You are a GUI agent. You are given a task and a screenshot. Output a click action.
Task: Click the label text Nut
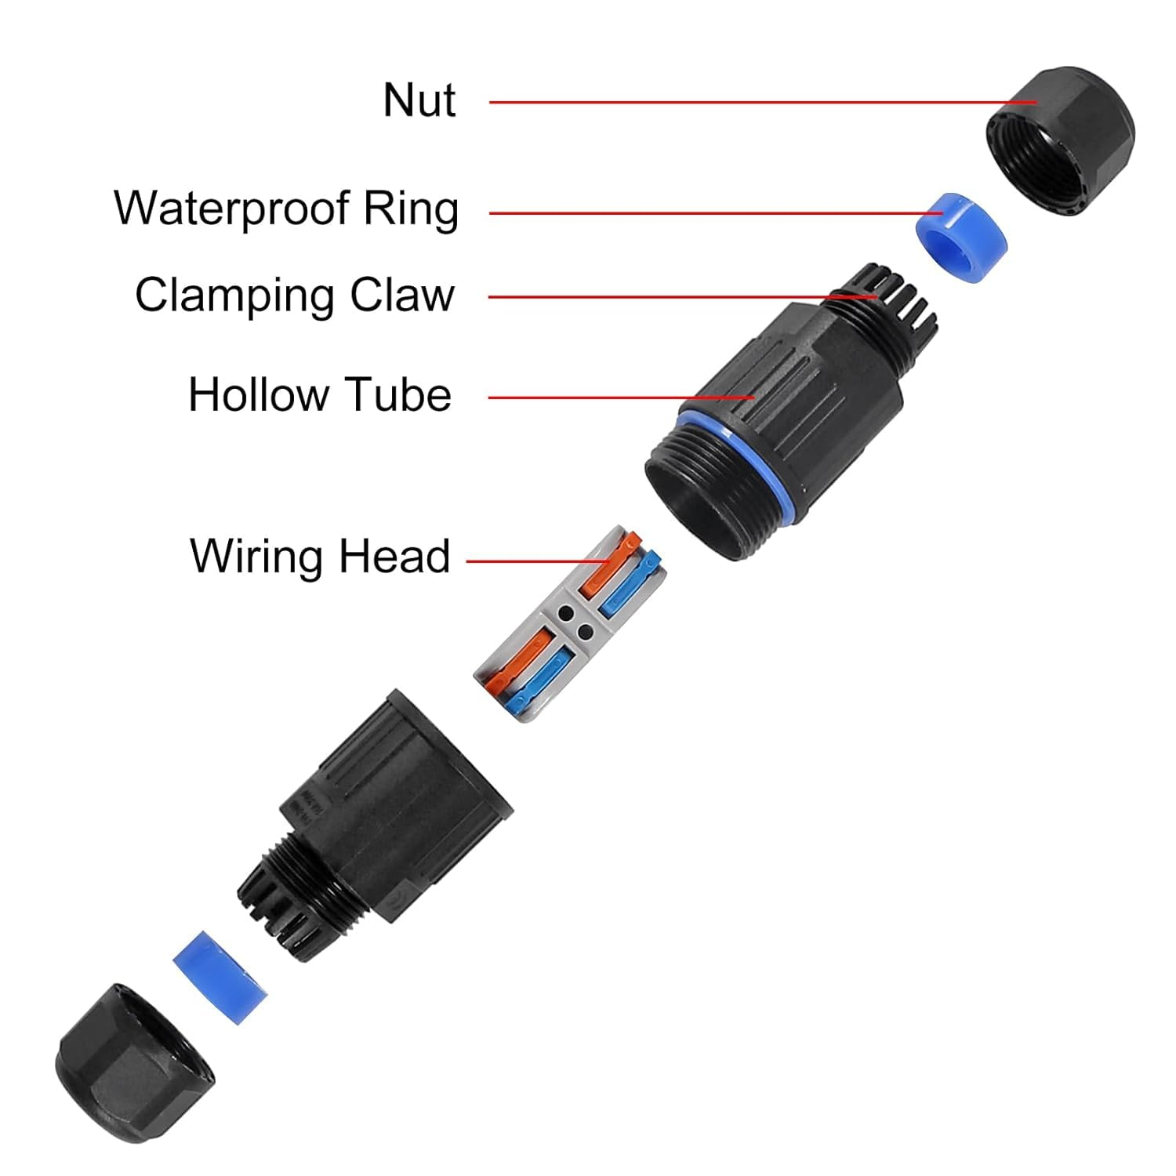coord(419,100)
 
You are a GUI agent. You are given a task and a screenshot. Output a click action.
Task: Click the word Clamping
coord(234,296)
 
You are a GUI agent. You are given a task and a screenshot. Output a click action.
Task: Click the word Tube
coord(399,394)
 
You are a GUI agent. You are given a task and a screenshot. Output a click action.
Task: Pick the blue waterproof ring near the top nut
coord(961,236)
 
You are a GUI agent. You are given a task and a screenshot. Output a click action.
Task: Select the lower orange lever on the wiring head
coord(517,663)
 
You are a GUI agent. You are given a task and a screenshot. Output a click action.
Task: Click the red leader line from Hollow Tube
coord(619,397)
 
